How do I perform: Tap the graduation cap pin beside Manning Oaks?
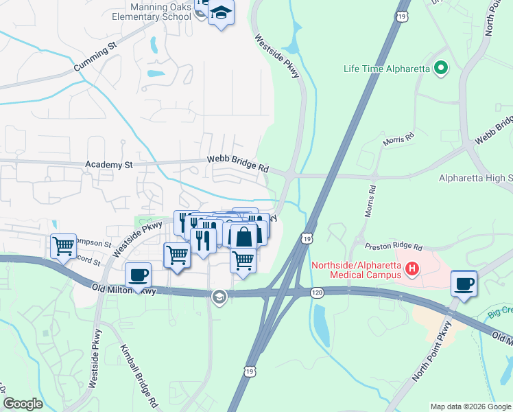click(221, 13)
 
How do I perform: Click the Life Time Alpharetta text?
click(387, 69)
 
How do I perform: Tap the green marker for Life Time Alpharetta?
click(441, 68)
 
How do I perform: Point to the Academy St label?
click(108, 165)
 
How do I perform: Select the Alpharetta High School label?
click(475, 179)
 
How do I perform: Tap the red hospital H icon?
click(411, 268)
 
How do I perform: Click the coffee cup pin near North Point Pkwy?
click(464, 283)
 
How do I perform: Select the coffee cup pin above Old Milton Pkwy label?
click(138, 275)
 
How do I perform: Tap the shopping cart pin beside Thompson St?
click(63, 245)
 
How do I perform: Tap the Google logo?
click(23, 404)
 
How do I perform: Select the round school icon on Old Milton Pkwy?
click(219, 297)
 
